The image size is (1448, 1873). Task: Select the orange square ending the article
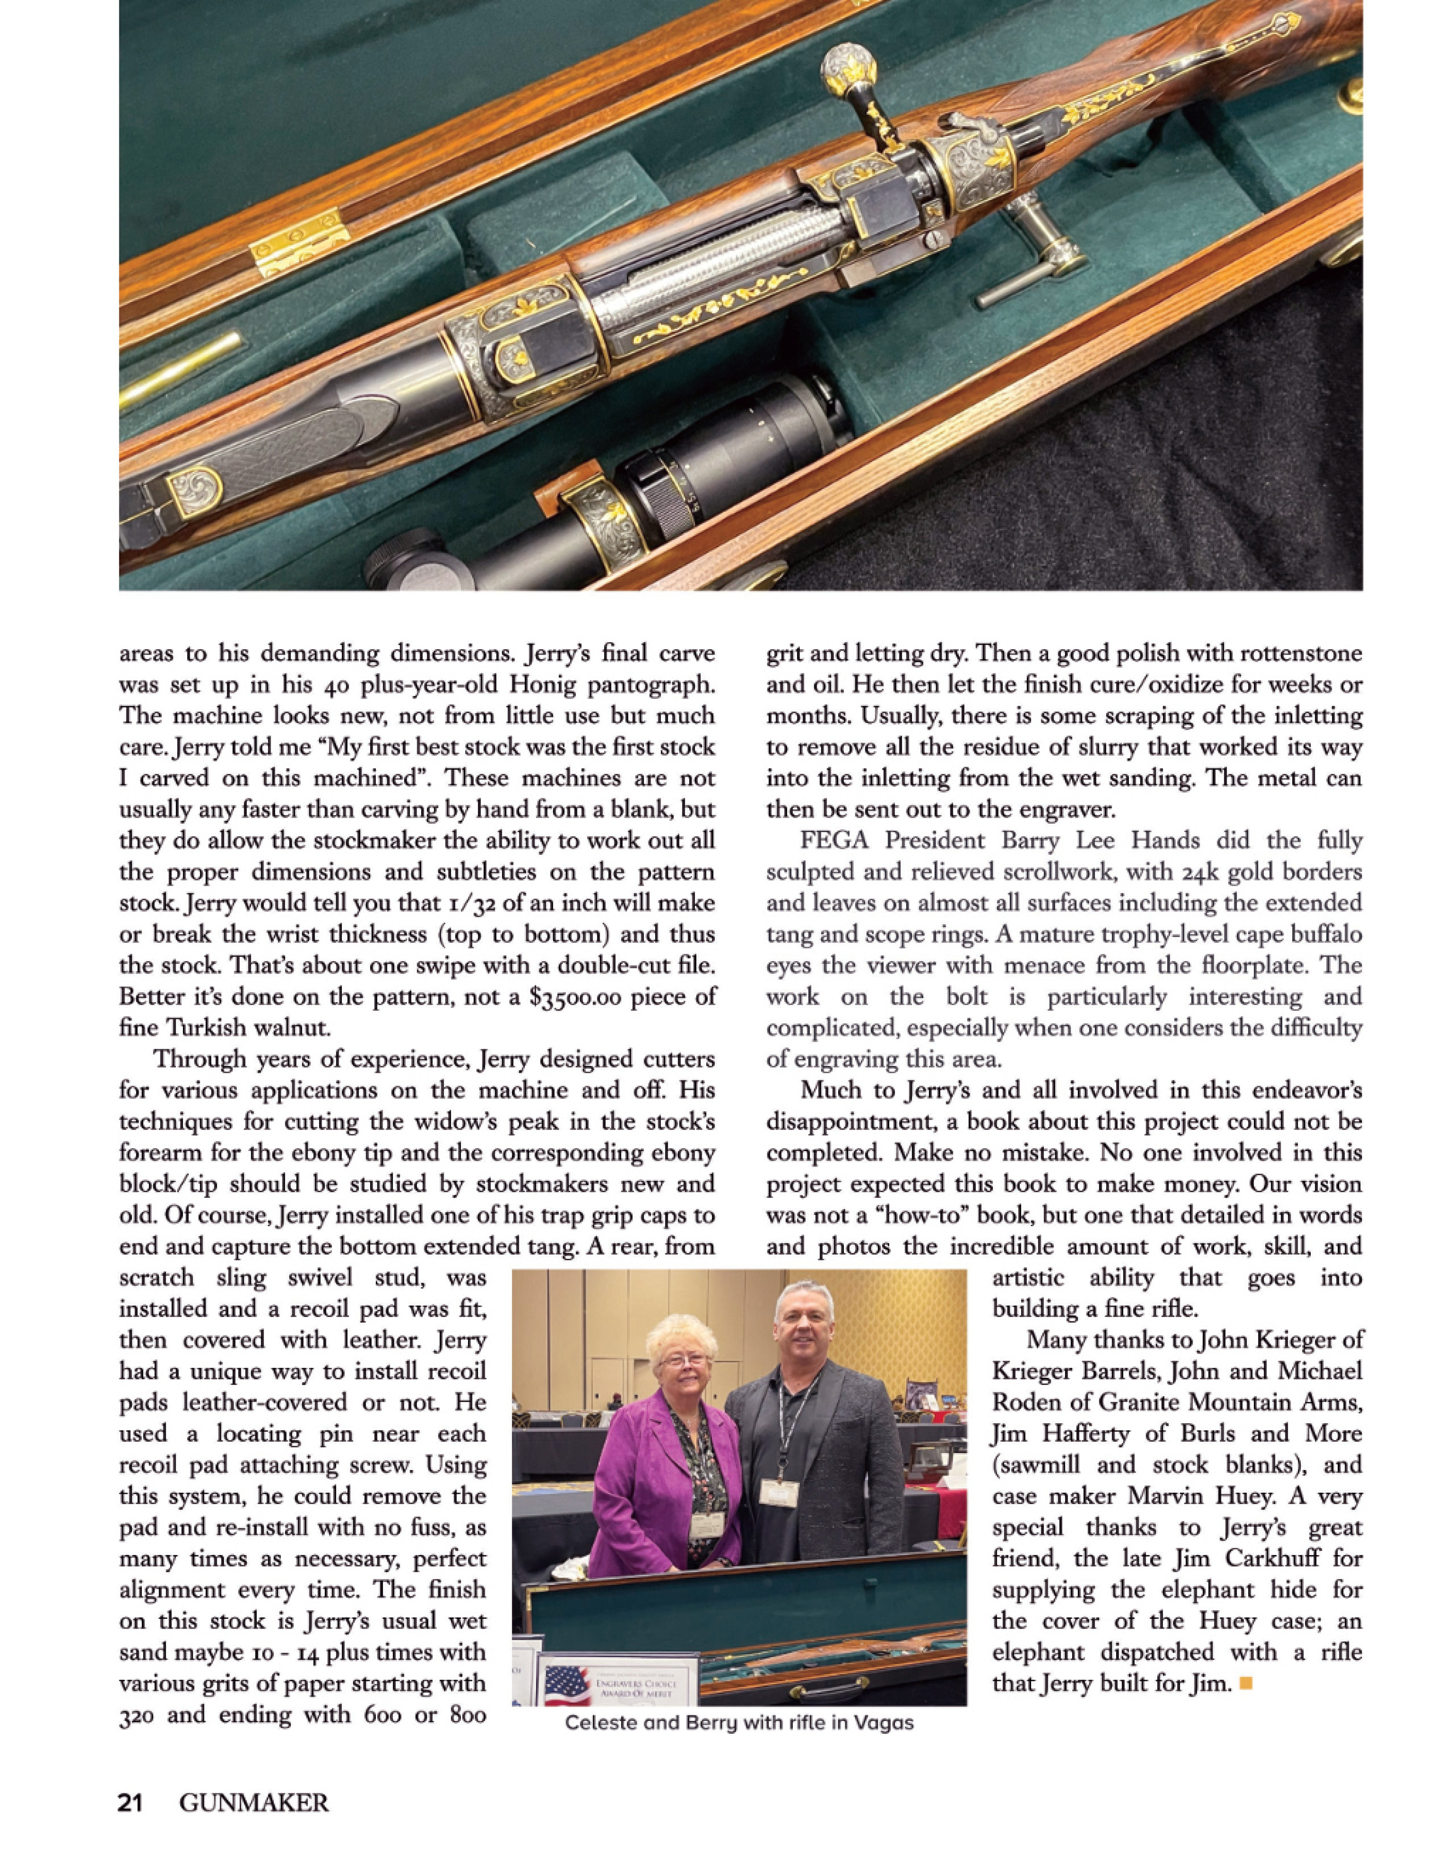click(x=1246, y=1684)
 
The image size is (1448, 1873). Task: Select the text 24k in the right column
click(x=1198, y=872)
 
